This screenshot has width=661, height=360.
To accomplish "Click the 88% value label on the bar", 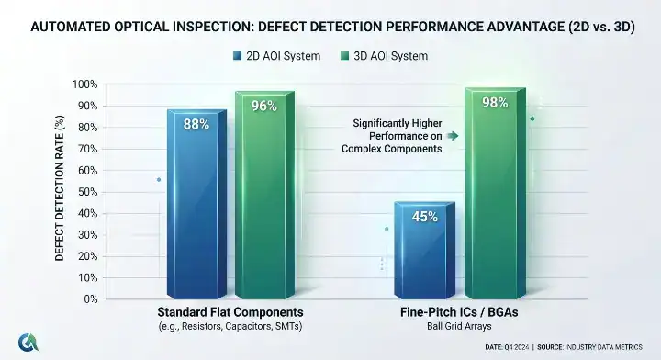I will pyautogui.click(x=196, y=124).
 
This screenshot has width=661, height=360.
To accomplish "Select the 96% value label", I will pyautogui.click(x=264, y=106).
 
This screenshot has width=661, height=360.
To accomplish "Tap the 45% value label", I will pyautogui.click(x=424, y=217).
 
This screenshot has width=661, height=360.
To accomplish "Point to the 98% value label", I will pyautogui.click(x=494, y=102).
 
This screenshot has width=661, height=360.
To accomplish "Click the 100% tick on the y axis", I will pyautogui.click(x=84, y=84).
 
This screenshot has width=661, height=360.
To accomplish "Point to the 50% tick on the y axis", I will pyautogui.click(x=86, y=192).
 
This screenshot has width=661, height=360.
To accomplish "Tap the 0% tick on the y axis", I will pyautogui.click(x=90, y=299).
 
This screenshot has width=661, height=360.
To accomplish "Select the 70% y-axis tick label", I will pyautogui.click(x=86, y=149).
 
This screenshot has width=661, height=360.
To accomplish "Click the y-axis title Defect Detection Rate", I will pyautogui.click(x=60, y=192).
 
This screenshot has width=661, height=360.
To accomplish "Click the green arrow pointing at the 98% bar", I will pyautogui.click(x=454, y=135).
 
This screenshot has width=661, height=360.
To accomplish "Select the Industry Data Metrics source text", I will pyautogui.click(x=613, y=348).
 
